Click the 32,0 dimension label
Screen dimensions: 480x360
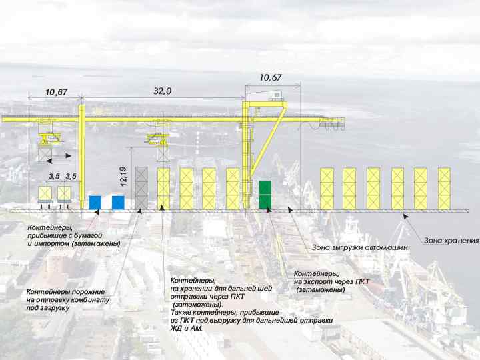(163, 91)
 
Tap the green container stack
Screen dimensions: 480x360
(265, 194)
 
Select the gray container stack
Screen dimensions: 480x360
(141, 187)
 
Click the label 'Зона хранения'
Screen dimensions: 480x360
(452, 240)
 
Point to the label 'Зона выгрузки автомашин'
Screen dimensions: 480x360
(360, 247)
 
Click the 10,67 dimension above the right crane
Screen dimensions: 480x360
(270, 78)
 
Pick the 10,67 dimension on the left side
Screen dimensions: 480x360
(56, 92)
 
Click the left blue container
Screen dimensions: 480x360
(95, 202)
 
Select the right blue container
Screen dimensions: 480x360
(118, 202)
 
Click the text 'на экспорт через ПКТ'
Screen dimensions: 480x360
(331, 282)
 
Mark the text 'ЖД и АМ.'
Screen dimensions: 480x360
(187, 329)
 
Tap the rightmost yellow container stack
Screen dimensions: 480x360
(444, 188)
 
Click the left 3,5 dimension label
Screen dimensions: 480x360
(53, 176)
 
